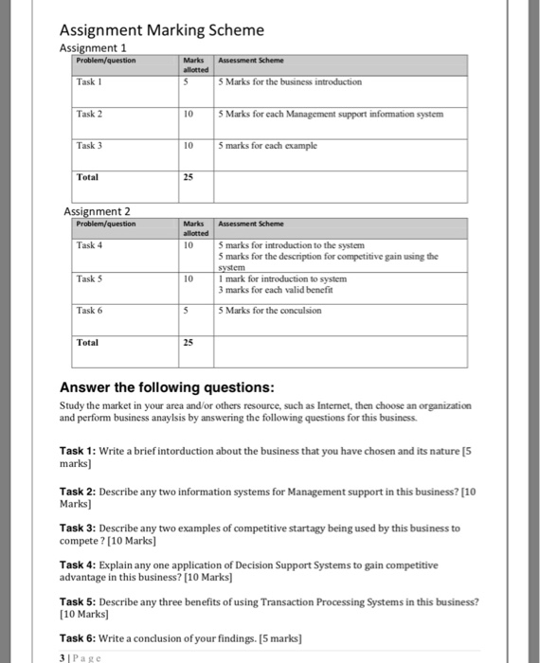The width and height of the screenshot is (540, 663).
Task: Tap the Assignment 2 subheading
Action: click(x=97, y=211)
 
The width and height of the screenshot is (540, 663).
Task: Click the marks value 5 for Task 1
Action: click(x=187, y=81)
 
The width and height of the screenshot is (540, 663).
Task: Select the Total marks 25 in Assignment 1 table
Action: click(x=189, y=177)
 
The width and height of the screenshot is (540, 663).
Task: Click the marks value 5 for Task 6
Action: click(x=187, y=310)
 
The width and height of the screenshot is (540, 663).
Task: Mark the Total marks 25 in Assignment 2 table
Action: click(x=189, y=342)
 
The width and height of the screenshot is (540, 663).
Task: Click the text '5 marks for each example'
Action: click(x=267, y=146)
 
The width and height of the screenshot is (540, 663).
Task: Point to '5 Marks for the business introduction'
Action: click(x=290, y=81)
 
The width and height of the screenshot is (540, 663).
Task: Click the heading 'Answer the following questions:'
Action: click(x=167, y=387)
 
